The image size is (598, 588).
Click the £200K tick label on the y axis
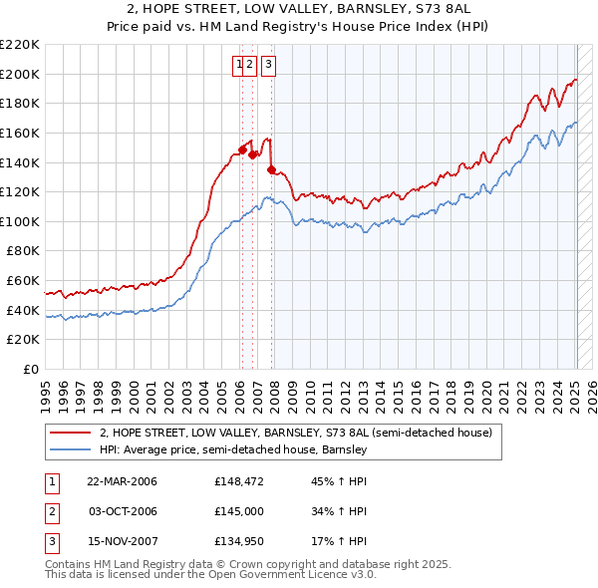20,74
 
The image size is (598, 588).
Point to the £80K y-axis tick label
23,251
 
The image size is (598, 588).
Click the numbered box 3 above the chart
270,65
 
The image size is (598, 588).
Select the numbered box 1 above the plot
240,65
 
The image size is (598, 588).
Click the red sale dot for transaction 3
271,169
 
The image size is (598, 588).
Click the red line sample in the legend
70,434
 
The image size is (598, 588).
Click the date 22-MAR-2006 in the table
122,481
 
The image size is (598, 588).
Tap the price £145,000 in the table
238,511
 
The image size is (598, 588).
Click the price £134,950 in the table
238,541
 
